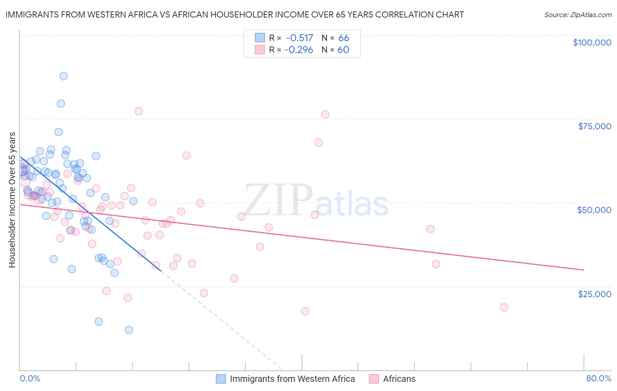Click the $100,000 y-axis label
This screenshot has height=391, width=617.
click(592, 43)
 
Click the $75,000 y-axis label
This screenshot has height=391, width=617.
click(595, 126)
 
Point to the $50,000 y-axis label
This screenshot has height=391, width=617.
click(594, 210)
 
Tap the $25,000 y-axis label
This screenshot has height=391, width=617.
click(595, 294)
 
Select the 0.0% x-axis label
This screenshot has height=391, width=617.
click(30, 378)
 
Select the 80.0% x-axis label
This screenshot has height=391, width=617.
click(599, 378)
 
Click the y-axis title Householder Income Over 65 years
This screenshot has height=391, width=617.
click(12, 199)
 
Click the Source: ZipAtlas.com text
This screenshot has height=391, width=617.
click(578, 15)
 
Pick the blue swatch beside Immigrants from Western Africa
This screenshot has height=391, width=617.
click(221, 379)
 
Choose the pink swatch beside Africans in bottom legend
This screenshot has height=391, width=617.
click(374, 379)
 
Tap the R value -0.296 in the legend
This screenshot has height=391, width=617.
click(298, 50)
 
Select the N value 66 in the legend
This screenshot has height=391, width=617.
click(344, 38)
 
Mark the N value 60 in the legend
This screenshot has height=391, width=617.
click(343, 50)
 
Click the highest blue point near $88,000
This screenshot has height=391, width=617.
click(64, 76)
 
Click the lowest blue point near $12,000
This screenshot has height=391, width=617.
click(129, 330)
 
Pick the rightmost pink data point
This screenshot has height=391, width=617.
click(504, 307)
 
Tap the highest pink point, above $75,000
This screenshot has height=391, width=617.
click(139, 111)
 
